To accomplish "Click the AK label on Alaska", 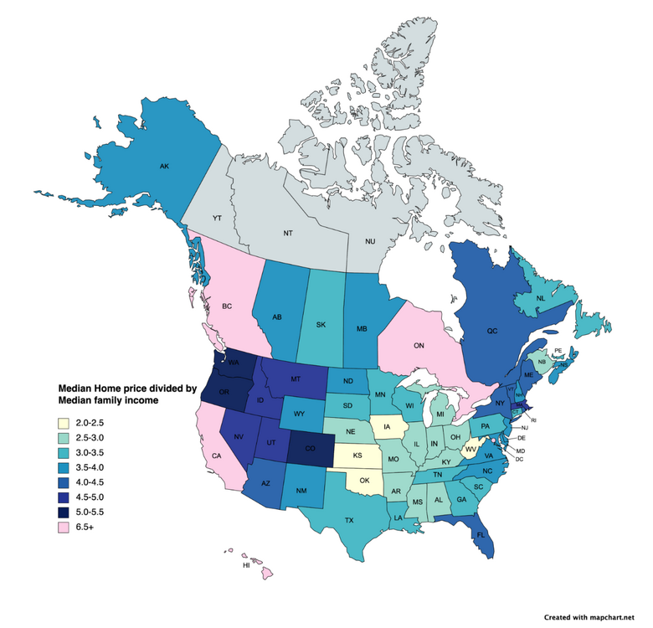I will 164,166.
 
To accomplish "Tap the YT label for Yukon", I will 217,218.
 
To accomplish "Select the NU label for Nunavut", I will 370,241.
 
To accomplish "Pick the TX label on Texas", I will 348,520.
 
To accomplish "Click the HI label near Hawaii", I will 246,566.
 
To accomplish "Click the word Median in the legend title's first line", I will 77,389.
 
